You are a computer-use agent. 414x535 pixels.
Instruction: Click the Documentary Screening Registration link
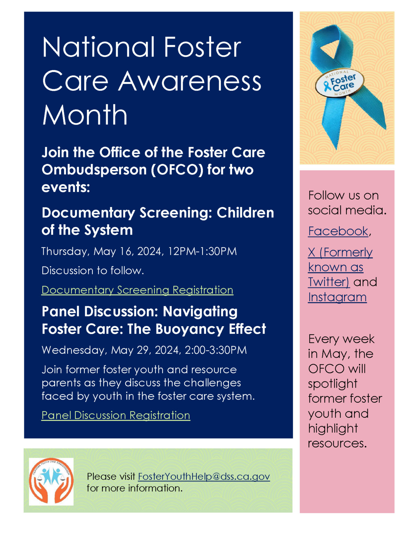pyautogui.click(x=137, y=290)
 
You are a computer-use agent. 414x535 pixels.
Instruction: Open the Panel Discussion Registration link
pyautogui.click(x=116, y=415)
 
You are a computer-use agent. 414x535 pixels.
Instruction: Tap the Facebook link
pyautogui.click(x=338, y=231)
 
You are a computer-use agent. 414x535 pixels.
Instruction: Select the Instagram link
pyautogui.click(x=337, y=297)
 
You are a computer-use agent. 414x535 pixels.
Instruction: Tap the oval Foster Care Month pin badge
pyautogui.click(x=340, y=83)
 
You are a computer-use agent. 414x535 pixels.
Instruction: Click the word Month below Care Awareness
pyautogui.click(x=85, y=115)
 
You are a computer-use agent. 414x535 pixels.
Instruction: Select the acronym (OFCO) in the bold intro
pyautogui.click(x=177, y=170)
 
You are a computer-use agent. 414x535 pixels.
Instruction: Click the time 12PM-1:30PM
pyautogui.click(x=202, y=251)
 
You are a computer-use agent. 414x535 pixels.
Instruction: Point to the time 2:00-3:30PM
pyautogui.click(x=216, y=350)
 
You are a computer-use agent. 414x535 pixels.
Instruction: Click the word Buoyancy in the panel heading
pyautogui.click(x=190, y=329)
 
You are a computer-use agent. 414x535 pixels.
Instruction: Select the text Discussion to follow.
pyautogui.click(x=93, y=271)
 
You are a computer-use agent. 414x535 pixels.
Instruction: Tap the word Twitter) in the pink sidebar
pyautogui.click(x=329, y=282)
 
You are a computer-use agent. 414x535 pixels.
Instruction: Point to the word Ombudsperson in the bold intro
pyautogui.click(x=94, y=170)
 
